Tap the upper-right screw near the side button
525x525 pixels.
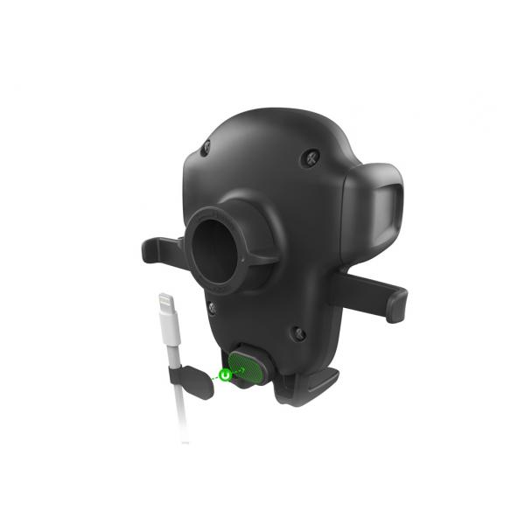pos(312,158)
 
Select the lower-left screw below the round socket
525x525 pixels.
pos(211,308)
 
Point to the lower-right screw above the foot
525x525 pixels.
pos(297,332)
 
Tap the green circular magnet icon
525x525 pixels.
pos(225,374)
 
